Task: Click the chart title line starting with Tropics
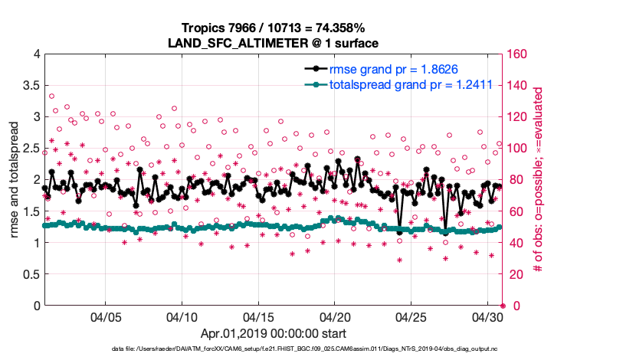[274, 28]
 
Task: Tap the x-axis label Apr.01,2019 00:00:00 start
[274, 334]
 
